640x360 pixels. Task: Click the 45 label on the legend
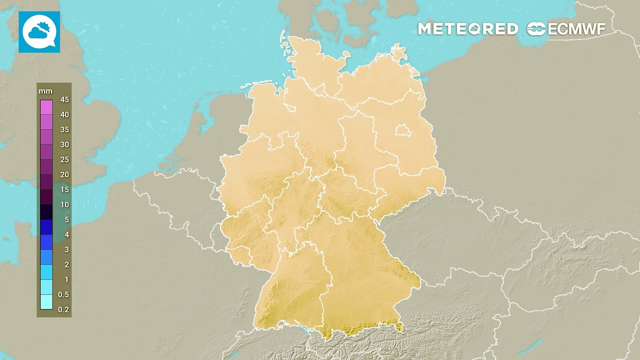[x=64, y=99]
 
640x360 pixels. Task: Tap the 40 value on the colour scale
[x=64, y=114]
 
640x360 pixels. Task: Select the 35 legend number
[x=64, y=129]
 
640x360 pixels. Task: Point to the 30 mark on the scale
[x=64, y=144]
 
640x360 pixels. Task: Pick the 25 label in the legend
[x=64, y=159]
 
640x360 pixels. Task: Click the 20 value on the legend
[x=64, y=174]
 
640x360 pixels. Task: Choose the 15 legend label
[x=64, y=189]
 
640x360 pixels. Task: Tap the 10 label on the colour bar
[x=64, y=204]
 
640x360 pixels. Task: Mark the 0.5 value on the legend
[x=63, y=294]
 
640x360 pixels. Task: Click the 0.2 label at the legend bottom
[x=63, y=309]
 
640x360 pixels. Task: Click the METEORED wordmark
[x=468, y=29]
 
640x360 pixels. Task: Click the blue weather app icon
[x=39, y=32]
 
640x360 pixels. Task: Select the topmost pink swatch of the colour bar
[x=46, y=107]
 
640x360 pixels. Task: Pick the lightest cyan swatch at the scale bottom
[x=46, y=302]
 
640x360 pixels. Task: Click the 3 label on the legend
[x=66, y=249]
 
